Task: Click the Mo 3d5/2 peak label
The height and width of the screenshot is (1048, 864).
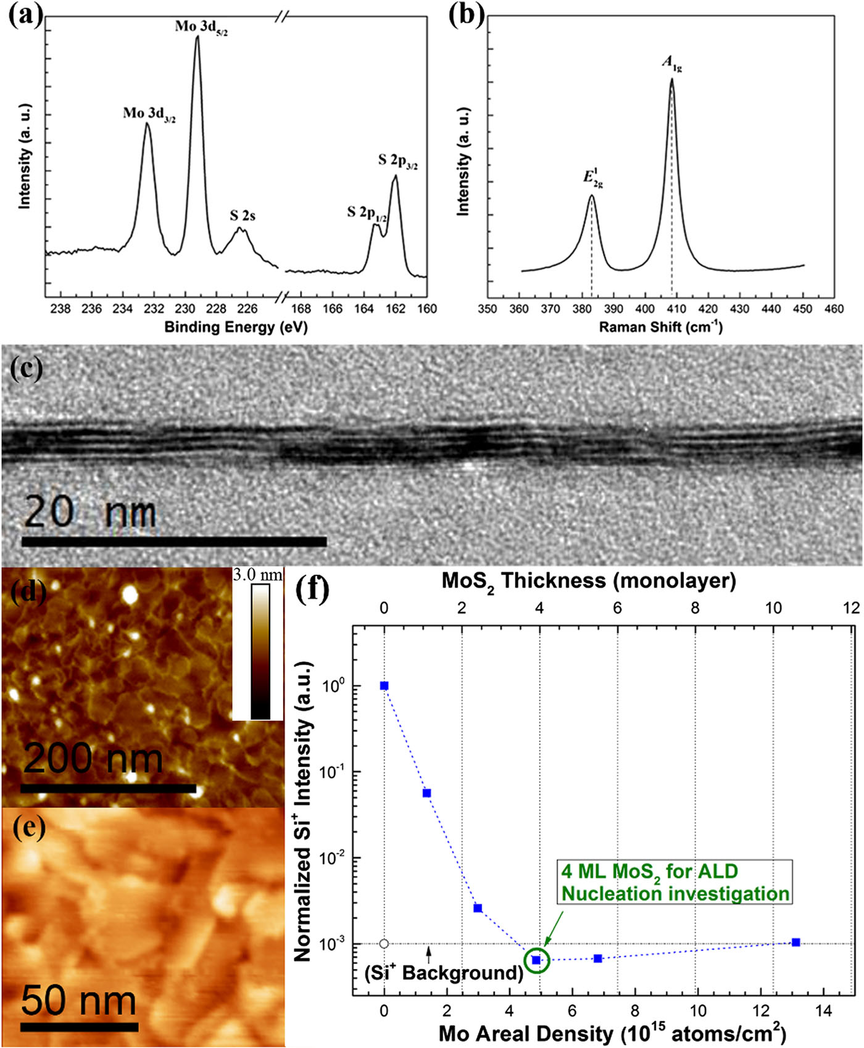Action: (201, 27)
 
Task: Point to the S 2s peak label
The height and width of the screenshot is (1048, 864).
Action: (243, 216)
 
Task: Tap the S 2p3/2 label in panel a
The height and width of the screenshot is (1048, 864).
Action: (397, 162)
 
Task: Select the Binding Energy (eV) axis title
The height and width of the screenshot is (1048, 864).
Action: (236, 327)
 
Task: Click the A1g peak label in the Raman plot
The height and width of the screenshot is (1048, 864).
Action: (671, 63)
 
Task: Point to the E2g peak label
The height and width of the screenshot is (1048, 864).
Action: (593, 177)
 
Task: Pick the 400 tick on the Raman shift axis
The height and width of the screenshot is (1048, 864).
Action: (645, 309)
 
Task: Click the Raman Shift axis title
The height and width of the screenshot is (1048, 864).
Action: (660, 327)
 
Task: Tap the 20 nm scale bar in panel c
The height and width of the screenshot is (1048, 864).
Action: (174, 542)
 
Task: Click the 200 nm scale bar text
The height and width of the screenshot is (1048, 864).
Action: (93, 759)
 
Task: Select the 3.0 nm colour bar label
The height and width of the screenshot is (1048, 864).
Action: (257, 575)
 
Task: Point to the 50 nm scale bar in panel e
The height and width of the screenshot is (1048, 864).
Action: (79, 1027)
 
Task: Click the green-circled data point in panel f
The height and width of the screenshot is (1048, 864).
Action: (536, 960)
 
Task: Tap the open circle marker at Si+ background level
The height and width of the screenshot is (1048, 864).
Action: (384, 944)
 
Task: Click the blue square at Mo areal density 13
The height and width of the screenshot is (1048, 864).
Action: (796, 943)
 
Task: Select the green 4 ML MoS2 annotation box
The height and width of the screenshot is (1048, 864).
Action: (675, 883)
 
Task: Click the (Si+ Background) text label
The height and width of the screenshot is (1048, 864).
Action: (444, 973)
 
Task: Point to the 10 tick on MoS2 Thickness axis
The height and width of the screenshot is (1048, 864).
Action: (773, 608)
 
